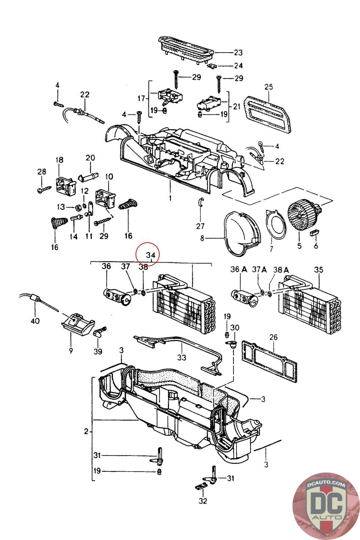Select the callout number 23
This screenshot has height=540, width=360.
pos(238,52)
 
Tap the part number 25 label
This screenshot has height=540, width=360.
pos(268,87)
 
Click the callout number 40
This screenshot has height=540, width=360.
pos(35,320)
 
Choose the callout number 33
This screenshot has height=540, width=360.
pos(182,357)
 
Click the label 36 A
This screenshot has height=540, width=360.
pos(239,269)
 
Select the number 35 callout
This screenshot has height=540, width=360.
pos(318,269)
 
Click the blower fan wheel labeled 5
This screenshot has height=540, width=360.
pos(300,216)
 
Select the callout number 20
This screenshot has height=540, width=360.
pos(90,158)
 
